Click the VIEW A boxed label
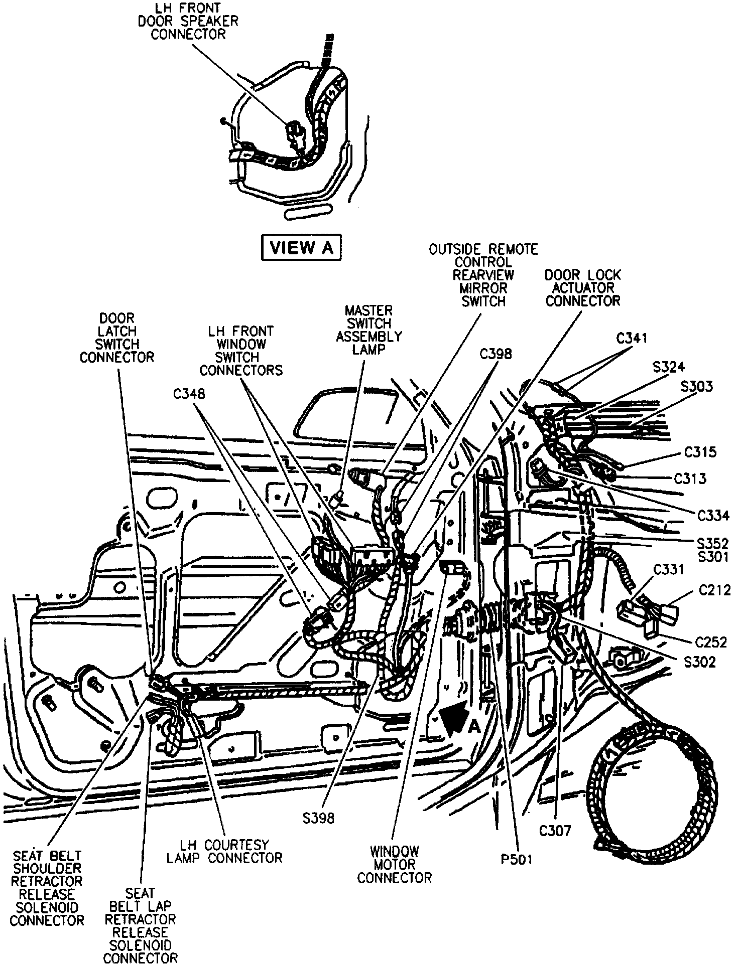coord(301,248)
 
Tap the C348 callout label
coord(189,394)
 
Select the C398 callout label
coord(496,354)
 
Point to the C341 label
coord(632,339)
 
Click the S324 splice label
coord(668,367)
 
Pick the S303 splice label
coord(696,387)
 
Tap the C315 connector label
coord(700,452)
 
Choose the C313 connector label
coord(690,478)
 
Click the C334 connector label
coord(713,516)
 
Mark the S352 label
coord(712,544)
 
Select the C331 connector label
coord(668,570)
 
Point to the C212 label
coord(715,591)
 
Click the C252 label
coord(711,642)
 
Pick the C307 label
coord(555,831)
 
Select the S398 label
coord(318,818)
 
